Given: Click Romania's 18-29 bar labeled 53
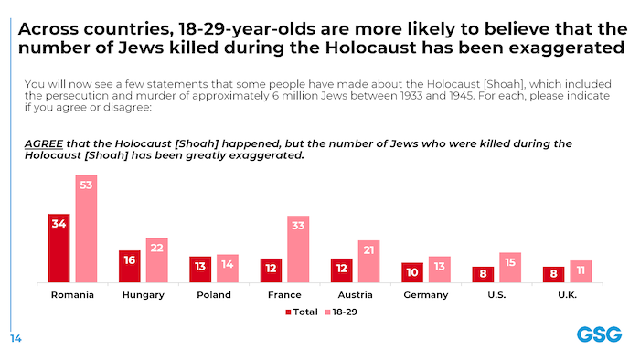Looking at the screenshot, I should (86, 228).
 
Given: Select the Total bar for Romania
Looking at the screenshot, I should (59, 248).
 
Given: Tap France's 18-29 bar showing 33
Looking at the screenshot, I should (298, 249).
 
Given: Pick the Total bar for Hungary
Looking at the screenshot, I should (130, 266).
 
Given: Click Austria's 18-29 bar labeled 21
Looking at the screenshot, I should (368, 261).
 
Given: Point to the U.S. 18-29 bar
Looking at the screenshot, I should (510, 267).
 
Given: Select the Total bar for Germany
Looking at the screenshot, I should (412, 272).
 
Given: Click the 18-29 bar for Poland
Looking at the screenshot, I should (228, 269).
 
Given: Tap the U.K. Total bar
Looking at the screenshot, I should (554, 274).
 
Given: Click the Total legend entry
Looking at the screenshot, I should (303, 312).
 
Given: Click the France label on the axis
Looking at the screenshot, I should (284, 295).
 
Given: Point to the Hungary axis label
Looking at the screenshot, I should (143, 295).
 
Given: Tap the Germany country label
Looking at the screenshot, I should (426, 295).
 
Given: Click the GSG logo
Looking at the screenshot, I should (599, 334).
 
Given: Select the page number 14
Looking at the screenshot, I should (16, 339).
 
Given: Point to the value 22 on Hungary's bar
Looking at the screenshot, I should (156, 249).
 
